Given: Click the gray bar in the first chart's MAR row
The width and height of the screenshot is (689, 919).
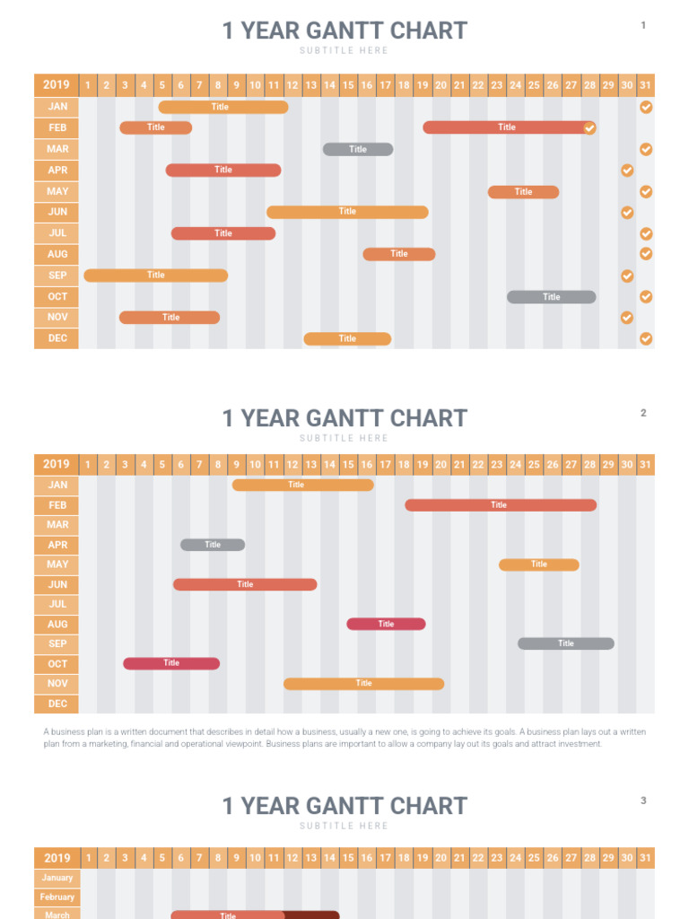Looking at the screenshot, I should coord(358,149).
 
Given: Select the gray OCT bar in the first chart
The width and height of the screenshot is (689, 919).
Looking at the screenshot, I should coord(551,297).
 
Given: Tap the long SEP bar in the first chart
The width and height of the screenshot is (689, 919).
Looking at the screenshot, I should coord(155,276).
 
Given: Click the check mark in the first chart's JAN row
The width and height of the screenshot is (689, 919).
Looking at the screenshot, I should coord(646,107).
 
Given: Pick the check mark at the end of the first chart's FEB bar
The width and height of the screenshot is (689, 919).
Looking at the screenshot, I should coord(589,128).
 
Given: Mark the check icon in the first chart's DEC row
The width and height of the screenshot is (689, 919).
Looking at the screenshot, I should coord(646,338).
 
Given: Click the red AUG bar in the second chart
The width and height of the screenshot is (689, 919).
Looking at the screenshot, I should coord(386,624).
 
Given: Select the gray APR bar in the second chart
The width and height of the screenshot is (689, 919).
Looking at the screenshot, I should coord(213,545).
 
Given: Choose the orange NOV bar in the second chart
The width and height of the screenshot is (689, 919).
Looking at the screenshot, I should coord(363,684).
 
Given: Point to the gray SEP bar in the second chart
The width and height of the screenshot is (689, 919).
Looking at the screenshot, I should coord(565,643).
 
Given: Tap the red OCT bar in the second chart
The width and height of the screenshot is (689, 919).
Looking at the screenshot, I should coord(171,663).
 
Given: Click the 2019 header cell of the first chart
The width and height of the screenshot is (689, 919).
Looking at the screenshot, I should coord(57,85).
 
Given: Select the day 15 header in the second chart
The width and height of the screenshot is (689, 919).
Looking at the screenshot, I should coord(348,464).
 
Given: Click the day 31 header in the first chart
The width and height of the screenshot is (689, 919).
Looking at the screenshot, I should coord(645,85).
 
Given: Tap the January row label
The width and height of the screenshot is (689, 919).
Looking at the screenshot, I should coord(57,878).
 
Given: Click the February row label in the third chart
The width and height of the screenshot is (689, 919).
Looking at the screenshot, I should coord(57,897).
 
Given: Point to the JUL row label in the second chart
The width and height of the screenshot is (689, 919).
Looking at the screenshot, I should coord(57,604).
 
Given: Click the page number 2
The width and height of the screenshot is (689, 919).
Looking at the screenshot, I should coord(643,413).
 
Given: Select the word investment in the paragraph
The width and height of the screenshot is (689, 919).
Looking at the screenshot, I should coord(580,744).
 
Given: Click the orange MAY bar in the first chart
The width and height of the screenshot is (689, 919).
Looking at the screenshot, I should coord(523,192).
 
